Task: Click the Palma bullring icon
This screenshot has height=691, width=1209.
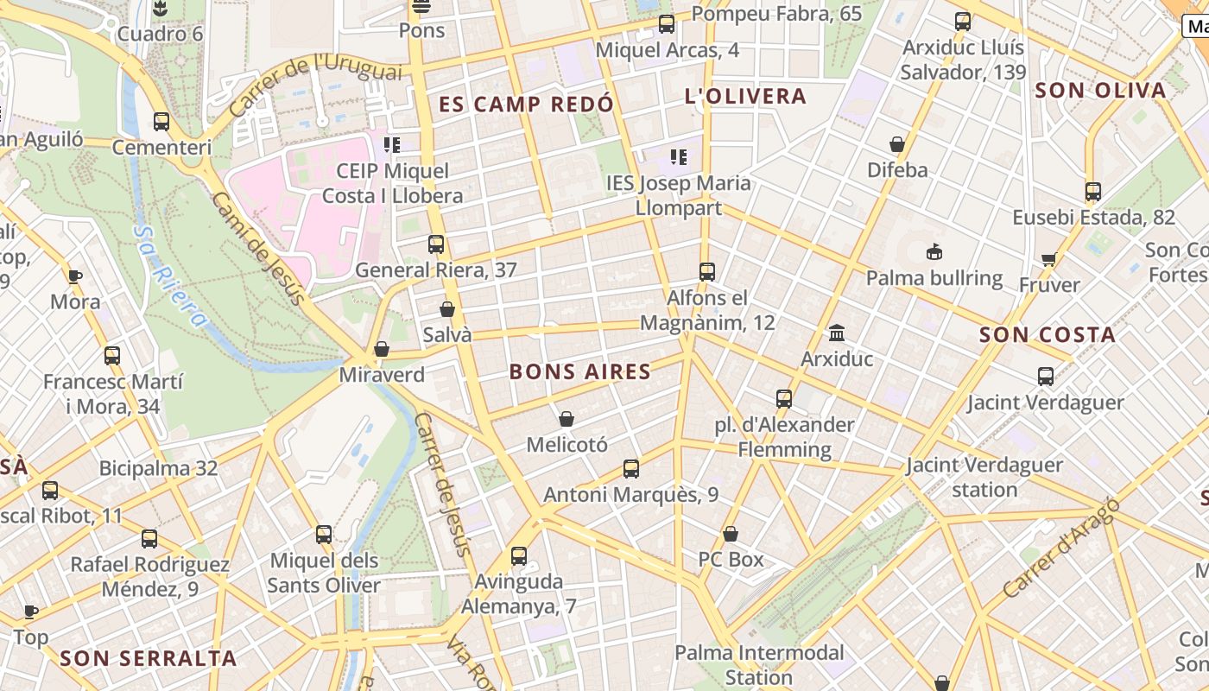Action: [x=934, y=252]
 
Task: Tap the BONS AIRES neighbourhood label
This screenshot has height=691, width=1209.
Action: [x=579, y=372]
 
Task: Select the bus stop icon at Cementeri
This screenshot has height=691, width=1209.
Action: [x=161, y=122]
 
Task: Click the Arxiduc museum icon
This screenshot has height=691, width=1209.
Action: [x=836, y=333]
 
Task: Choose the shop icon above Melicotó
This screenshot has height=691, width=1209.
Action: [x=567, y=419]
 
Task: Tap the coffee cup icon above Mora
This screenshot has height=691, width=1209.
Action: [x=75, y=276]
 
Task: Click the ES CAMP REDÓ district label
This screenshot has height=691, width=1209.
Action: [x=526, y=105]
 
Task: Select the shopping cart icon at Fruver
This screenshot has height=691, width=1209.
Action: [x=1049, y=259]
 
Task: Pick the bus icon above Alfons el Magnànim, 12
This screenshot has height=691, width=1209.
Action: [x=707, y=271]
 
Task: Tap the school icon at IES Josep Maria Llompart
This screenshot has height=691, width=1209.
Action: [x=679, y=157]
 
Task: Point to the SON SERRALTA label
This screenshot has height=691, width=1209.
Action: [x=148, y=658]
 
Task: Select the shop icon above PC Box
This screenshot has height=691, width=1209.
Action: [x=731, y=534]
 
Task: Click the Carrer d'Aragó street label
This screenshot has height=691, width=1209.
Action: [x=1061, y=548]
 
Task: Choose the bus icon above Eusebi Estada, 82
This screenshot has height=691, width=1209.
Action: [x=1093, y=192]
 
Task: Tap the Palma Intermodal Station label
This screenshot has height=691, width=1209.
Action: [x=759, y=664]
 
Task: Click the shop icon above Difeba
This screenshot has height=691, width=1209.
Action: [x=897, y=144]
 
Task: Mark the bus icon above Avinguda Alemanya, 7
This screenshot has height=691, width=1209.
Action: [x=518, y=556]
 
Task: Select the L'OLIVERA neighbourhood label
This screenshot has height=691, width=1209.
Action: [x=744, y=96]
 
